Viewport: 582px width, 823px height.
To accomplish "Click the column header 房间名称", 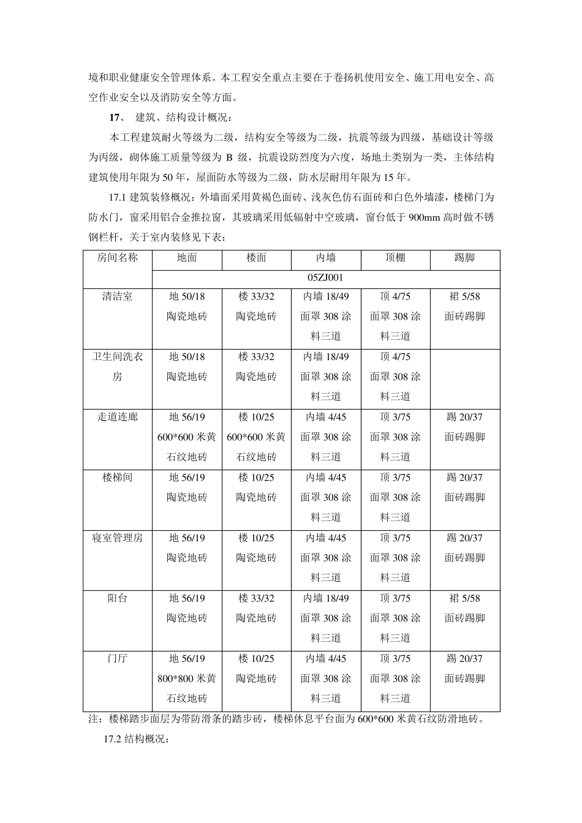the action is point(117,258).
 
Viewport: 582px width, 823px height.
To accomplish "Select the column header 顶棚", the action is point(395,258).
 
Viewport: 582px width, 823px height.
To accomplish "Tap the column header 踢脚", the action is point(464,258).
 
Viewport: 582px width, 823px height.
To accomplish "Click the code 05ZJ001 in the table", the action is point(325,278).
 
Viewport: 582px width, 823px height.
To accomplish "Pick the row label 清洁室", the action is point(117,297).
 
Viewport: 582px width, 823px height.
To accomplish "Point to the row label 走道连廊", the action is point(117,418).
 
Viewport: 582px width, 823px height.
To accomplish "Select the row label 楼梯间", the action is point(117,478).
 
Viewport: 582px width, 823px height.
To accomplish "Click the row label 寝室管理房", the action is point(117,538).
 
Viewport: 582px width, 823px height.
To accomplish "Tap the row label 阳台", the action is point(117,598).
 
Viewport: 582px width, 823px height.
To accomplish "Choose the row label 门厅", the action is point(117,659).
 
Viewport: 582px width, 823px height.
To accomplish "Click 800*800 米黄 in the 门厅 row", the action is point(187,679).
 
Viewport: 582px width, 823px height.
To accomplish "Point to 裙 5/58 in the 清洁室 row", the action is point(464,297).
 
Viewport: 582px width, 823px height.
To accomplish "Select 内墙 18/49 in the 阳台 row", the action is point(326,598).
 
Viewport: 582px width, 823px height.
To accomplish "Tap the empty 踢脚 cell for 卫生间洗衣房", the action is point(464,377).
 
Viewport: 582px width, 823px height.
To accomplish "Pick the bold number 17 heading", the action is point(113,118).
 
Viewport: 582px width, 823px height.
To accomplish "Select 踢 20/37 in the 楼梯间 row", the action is point(464,478).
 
